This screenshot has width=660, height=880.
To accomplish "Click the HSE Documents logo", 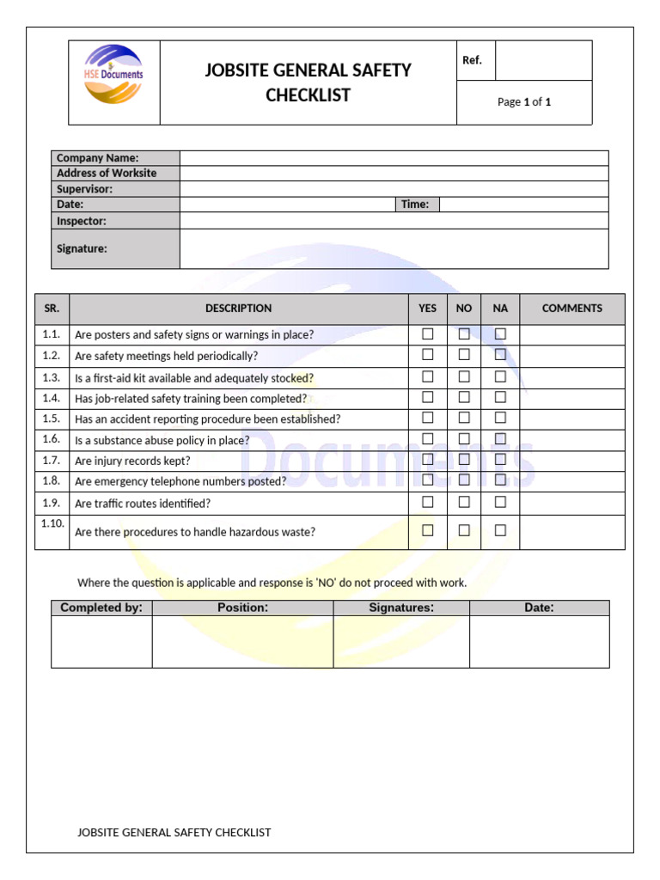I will tap(113, 75).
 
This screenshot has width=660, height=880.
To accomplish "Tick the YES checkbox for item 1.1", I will tap(427, 333).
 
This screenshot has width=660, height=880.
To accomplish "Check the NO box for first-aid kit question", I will tap(464, 376).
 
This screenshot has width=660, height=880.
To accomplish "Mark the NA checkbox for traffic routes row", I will tap(500, 502).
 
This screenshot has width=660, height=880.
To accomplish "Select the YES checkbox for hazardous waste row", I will tap(427, 530).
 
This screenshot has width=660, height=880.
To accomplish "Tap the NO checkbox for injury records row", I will tap(464, 460).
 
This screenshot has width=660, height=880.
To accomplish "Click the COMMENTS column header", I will tap(572, 309).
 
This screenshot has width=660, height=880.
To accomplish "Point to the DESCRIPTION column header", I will tap(238, 309).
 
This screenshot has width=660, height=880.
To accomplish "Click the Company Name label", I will tap(97, 158).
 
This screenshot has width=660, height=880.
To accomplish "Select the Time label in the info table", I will tap(415, 205).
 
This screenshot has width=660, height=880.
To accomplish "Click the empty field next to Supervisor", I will tap(394, 189).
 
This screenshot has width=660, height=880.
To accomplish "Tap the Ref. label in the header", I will tap(473, 60).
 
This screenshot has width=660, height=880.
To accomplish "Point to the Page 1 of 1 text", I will tap(524, 102).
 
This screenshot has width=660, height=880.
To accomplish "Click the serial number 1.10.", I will tap(52, 522).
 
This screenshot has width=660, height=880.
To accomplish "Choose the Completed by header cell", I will tap(101, 608).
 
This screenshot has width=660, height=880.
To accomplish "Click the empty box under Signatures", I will tap(401, 641).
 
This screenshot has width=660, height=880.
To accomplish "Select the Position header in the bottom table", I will tap(242, 608).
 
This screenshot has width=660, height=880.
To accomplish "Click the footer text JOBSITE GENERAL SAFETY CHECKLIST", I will tap(174, 832).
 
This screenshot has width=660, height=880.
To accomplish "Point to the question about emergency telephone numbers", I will tap(180, 481).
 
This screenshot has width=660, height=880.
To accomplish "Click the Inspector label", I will tap(82, 221).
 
